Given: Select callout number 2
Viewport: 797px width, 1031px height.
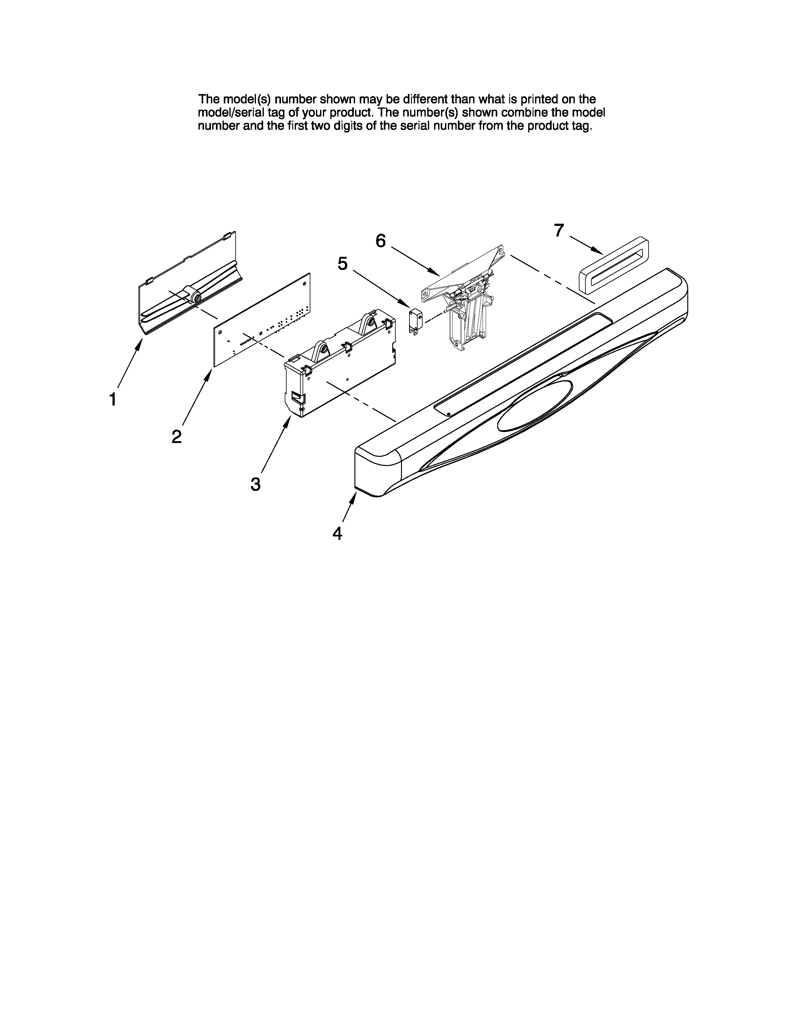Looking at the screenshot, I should click(176, 436).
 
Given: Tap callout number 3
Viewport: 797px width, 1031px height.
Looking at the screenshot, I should click(255, 484).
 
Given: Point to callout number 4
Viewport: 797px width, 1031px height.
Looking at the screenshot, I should click(337, 533).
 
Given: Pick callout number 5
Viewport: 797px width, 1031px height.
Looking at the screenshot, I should click(342, 263).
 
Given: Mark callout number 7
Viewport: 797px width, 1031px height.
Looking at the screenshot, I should click(559, 230).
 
